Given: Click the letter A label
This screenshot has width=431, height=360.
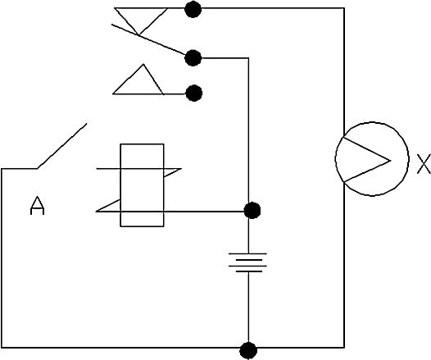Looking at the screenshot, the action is point(37,206).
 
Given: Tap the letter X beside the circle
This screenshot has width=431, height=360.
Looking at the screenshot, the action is point(424,164).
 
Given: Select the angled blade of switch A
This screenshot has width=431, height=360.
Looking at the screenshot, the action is point(61,146).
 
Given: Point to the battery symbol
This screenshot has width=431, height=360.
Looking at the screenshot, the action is point(247,262).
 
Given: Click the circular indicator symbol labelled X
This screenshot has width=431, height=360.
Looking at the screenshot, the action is point(372,159).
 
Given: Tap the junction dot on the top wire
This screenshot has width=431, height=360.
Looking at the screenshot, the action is point(193,9).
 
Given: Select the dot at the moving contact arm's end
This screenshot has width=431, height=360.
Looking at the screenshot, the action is point(193,58).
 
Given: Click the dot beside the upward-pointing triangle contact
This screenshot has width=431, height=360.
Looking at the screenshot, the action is point(194,93).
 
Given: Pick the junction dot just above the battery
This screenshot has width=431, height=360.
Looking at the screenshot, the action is point(252,211).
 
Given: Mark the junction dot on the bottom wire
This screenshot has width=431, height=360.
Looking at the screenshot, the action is point(248,351).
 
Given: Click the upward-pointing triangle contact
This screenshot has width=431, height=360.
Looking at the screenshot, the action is point(138,80).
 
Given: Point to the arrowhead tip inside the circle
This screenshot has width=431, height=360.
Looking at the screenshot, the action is point(390,161).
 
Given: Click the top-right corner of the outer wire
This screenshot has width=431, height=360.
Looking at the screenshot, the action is point(344,8).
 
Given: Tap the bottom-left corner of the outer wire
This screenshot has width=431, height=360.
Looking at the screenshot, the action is point(2,348).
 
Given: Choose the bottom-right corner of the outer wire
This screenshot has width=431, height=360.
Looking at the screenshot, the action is point(344,348).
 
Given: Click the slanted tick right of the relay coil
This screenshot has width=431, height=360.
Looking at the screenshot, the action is point(173,173).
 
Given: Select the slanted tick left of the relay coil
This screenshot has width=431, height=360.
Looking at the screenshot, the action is point(108,206).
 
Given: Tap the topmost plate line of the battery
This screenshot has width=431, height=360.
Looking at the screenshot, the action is point(247,253).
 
